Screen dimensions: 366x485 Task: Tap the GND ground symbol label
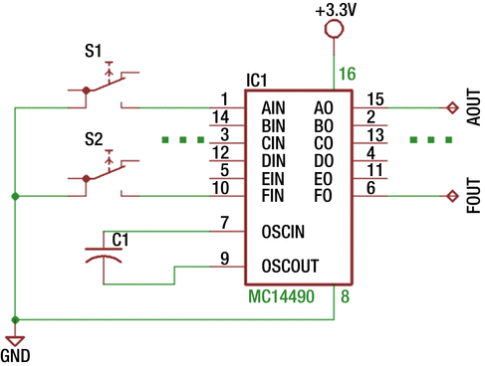point(16,355)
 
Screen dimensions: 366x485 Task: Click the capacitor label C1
point(120,239)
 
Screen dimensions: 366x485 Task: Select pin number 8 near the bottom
point(344,295)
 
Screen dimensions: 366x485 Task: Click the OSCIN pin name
point(284,231)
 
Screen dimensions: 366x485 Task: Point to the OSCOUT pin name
point(290,266)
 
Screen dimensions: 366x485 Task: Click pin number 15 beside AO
point(374,98)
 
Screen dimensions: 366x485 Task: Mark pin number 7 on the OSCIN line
point(226,222)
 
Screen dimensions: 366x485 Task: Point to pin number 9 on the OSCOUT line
point(226,258)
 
